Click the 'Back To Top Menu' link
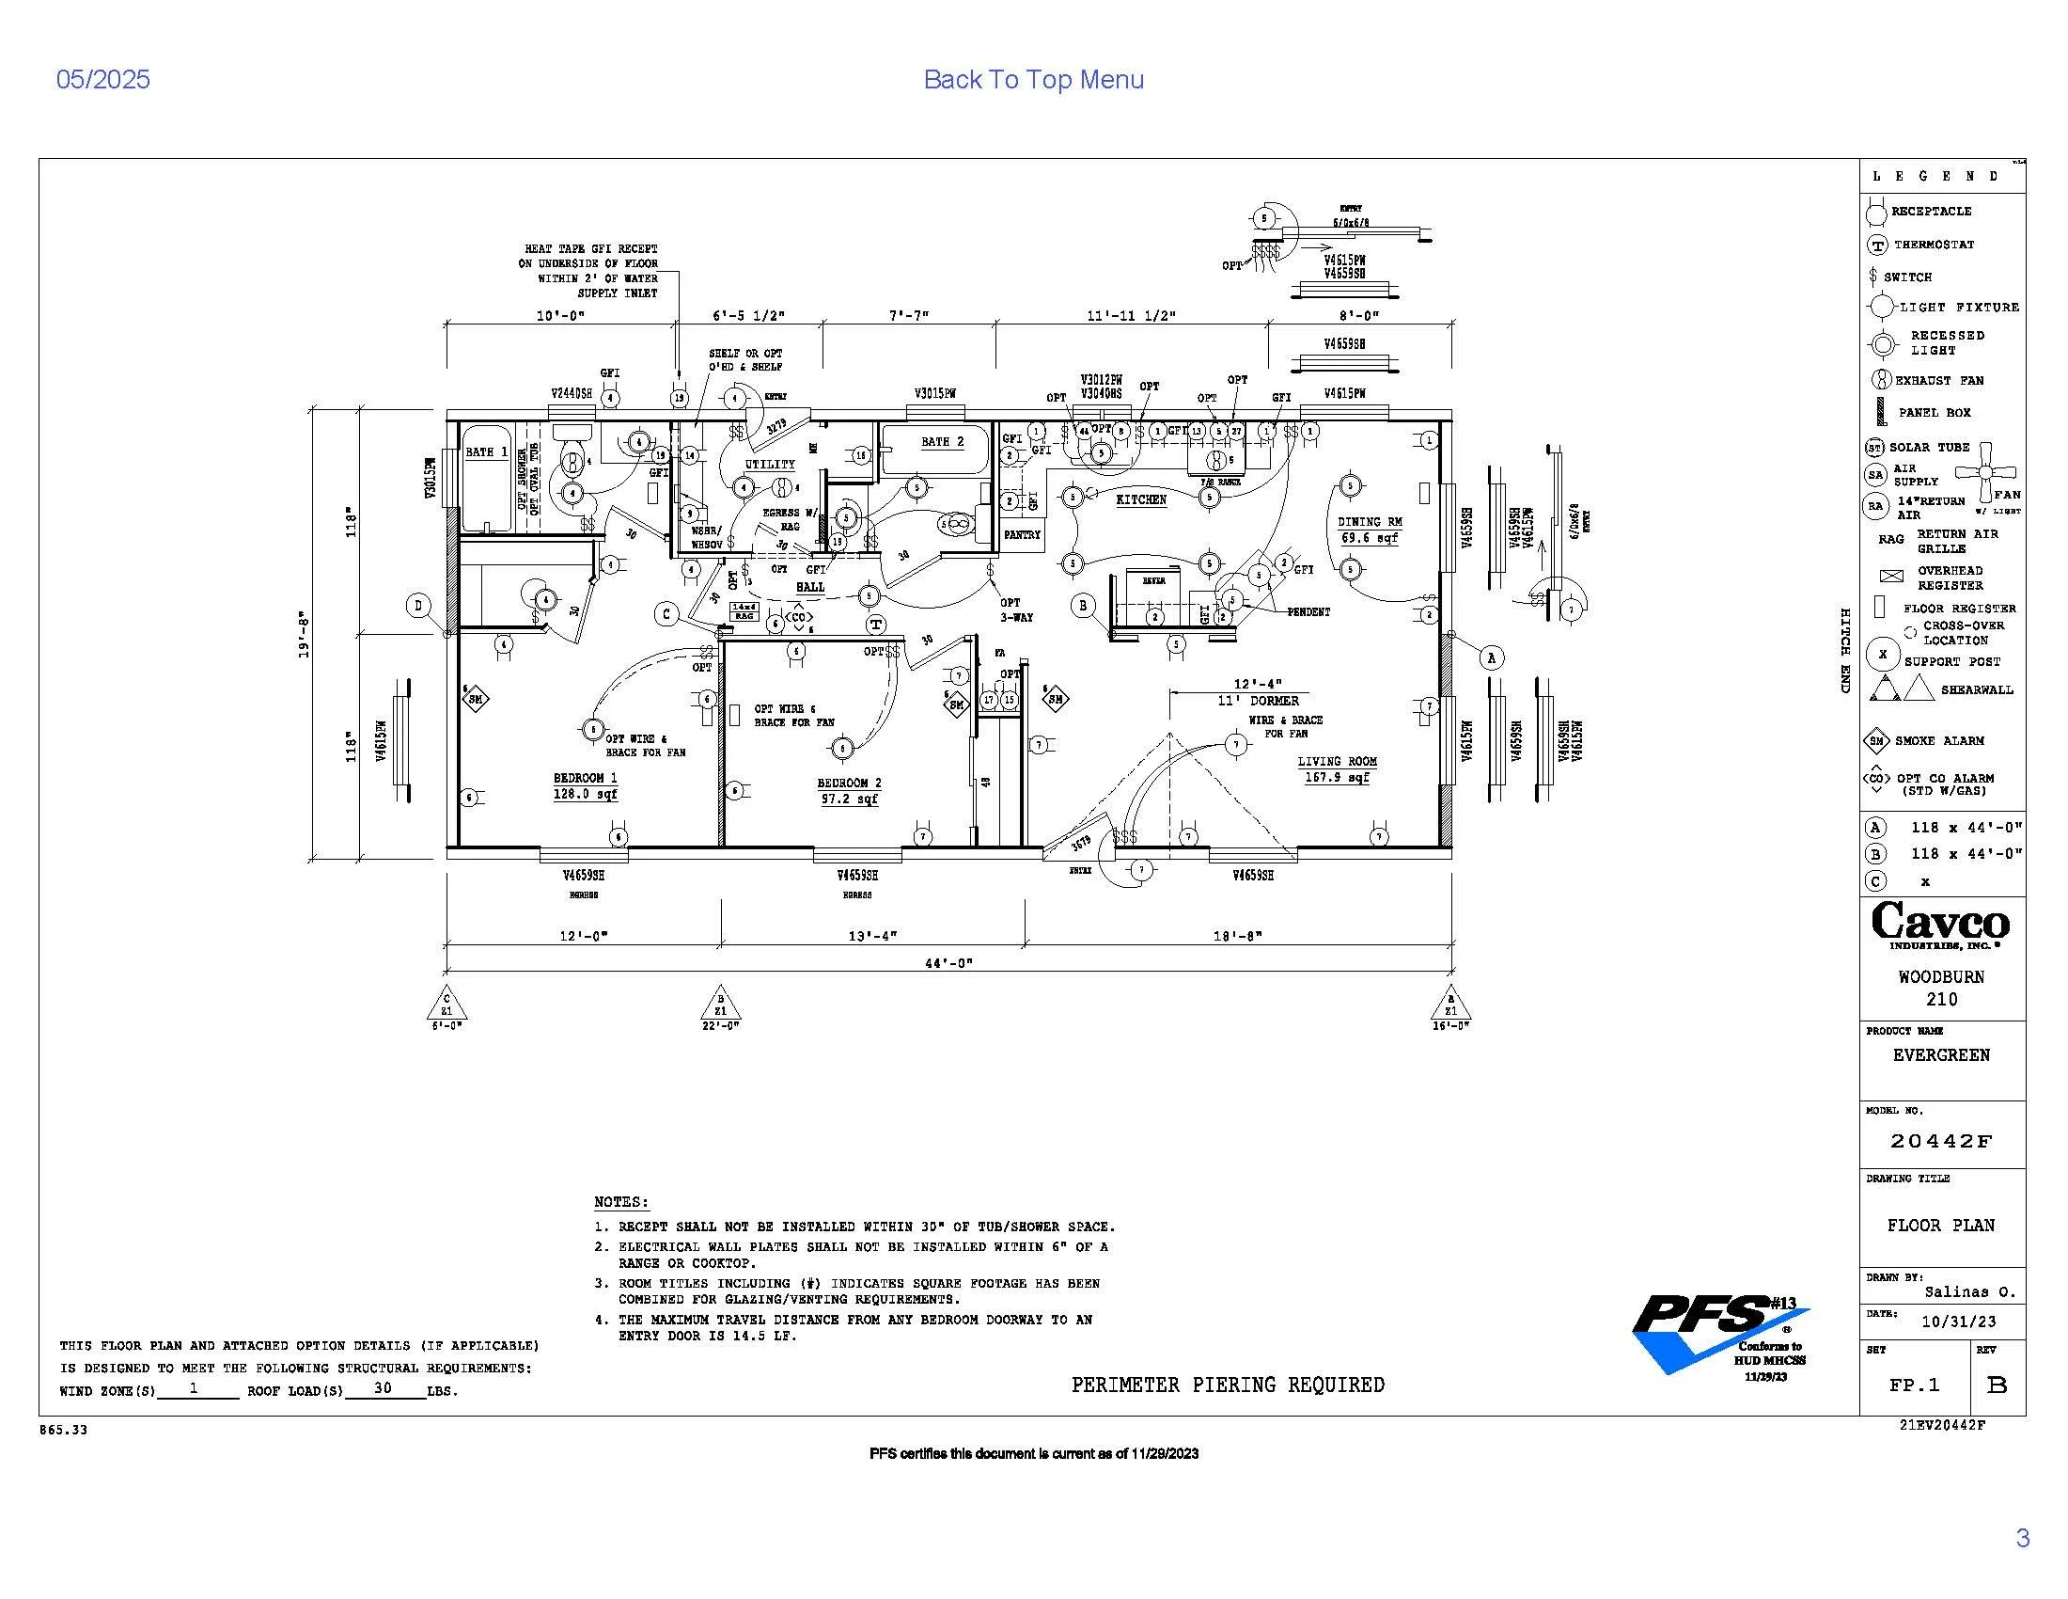pyautogui.click(x=1033, y=80)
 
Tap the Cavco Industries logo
pyautogui.click(x=1940, y=925)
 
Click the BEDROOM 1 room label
pyautogui.click(x=586, y=778)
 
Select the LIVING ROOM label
pyautogui.click(x=1337, y=762)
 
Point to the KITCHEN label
pyautogui.click(x=1141, y=499)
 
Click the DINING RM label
pyautogui.click(x=1370, y=522)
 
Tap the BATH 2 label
pyautogui.click(x=942, y=441)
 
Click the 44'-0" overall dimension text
pyautogui.click(x=948, y=963)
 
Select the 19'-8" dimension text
pyautogui.click(x=304, y=634)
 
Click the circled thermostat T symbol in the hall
pyautogui.click(x=876, y=625)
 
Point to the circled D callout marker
pyautogui.click(x=418, y=606)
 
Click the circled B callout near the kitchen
pyautogui.click(x=1082, y=605)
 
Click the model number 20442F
pyautogui.click(x=1941, y=1142)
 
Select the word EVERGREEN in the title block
pyautogui.click(x=1941, y=1055)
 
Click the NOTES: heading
pyautogui.click(x=621, y=1202)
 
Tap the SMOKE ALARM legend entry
pyautogui.click(x=1939, y=741)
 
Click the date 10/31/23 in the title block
pyautogui.click(x=1959, y=1322)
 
